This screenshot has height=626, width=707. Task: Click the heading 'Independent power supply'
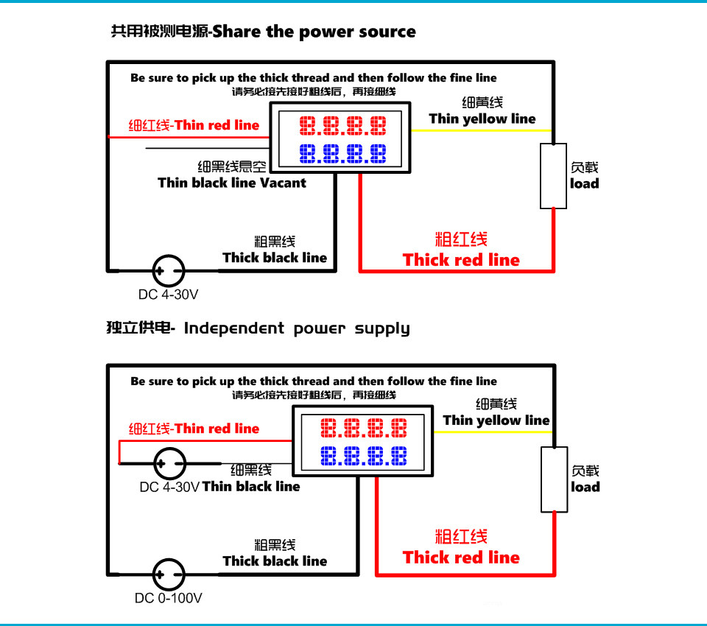point(296,328)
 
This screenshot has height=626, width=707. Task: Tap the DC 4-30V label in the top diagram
point(168,295)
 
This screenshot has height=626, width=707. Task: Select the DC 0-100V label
point(168,598)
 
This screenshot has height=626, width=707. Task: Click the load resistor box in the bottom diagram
point(553,479)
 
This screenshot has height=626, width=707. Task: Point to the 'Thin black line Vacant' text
point(232,183)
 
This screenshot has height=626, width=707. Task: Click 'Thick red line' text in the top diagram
point(461,260)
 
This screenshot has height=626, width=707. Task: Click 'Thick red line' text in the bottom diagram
point(461,558)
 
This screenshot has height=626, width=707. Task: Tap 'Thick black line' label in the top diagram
point(275,258)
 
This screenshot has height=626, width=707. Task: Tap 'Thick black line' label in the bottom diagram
point(275,561)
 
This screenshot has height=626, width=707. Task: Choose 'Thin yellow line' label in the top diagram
point(482,119)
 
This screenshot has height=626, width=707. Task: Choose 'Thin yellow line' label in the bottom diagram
point(496,421)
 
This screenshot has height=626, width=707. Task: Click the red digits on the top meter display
point(343,125)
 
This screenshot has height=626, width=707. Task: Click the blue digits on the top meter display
point(343,154)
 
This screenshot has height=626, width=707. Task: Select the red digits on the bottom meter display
point(364,428)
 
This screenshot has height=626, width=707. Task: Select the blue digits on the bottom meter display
point(364,457)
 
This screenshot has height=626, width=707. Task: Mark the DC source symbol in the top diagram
point(168,271)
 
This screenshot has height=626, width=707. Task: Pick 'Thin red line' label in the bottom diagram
point(194,429)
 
